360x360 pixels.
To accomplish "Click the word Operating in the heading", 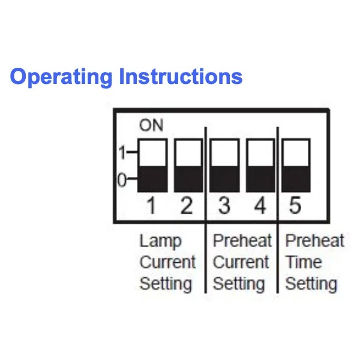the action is pos(61,77).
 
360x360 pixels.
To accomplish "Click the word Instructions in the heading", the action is pos(181,76).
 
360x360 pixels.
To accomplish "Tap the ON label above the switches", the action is pos(151,125).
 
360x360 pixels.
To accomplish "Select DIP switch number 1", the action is pos(152,166).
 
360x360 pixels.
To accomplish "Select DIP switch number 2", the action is pos(188,166).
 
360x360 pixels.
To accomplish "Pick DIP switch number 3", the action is pos(224,166).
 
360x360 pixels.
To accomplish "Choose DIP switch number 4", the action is pos(260,166).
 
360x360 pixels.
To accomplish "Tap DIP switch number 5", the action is pos(296,166).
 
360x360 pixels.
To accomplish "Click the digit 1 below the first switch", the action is pos(151,206).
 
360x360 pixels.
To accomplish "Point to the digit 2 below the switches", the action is pos(187,206).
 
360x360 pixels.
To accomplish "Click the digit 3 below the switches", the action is pos(224,206).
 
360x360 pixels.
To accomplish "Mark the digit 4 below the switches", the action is pos(260,206).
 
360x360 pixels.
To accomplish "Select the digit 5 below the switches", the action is pos(295,206).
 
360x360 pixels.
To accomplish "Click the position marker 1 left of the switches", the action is pos(122,152).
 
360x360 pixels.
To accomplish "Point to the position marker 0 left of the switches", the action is pos(122,180).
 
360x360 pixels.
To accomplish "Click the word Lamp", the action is pos(160,242).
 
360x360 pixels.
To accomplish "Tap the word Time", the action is pos(303,262).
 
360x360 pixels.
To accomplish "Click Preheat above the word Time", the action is pos(314,241).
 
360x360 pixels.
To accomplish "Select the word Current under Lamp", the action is pos(167,262).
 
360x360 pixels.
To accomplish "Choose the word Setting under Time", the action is pos(311,284).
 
